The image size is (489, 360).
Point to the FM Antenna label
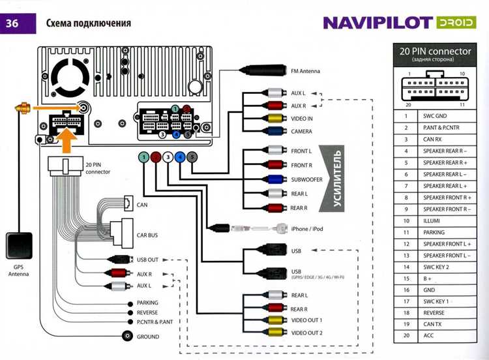coord(310,71)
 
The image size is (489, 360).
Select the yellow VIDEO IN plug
coord(276,118)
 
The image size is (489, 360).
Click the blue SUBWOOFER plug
coord(276,179)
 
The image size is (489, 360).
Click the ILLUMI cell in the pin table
coord(434,220)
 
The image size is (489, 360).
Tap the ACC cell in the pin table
coord(430,335)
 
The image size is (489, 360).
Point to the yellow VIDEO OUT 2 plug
coord(276,333)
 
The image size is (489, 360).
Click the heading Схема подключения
coord(89,23)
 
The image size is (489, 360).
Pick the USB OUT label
coord(147,260)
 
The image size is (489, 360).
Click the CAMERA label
coord(302,131)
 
